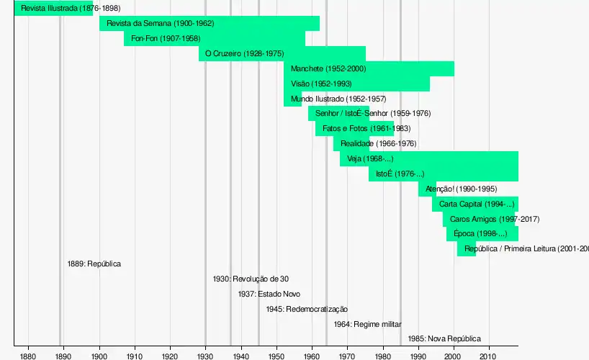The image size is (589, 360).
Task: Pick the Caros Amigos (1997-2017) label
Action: coord(494,220)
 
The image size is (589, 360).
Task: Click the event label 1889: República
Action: coord(94,264)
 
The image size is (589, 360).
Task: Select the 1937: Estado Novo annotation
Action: coord(269,294)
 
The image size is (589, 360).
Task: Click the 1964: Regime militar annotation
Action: coord(367,325)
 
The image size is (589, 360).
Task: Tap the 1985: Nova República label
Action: coord(444,339)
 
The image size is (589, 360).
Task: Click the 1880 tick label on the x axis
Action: coord(28,356)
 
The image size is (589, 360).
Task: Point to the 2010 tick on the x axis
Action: coord(489,356)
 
